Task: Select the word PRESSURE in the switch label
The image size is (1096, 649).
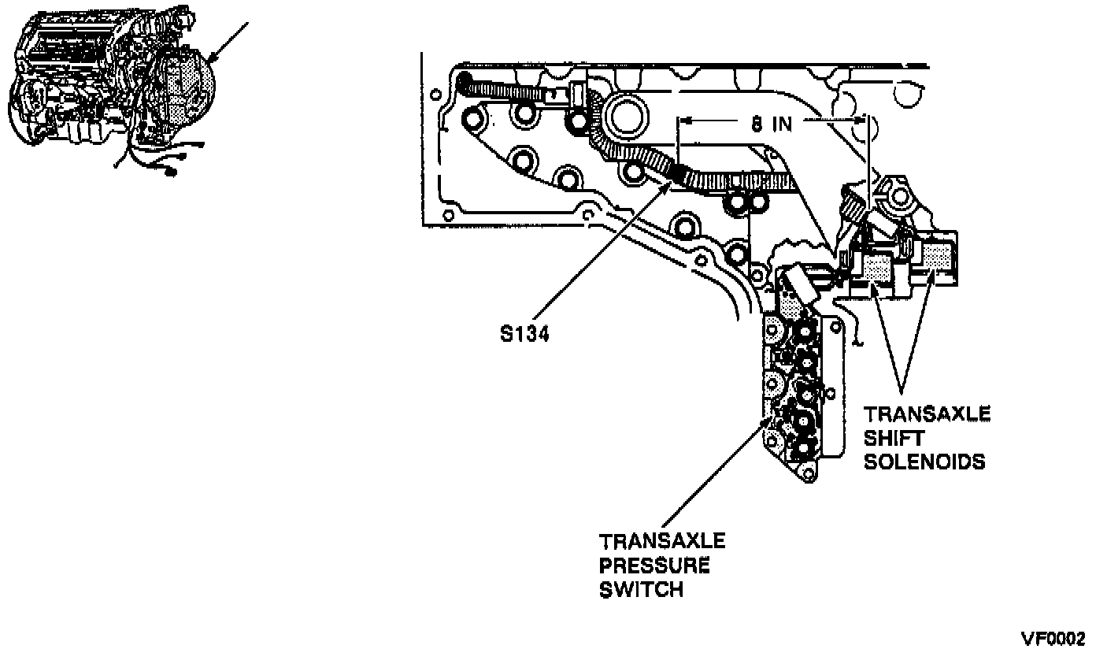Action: click(x=654, y=566)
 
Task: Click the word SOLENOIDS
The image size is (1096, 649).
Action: click(x=924, y=462)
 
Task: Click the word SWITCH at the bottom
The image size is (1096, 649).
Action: click(x=641, y=589)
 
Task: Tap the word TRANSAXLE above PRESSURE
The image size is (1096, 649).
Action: click(x=662, y=542)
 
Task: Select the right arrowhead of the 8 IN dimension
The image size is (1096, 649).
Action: click(x=864, y=121)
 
